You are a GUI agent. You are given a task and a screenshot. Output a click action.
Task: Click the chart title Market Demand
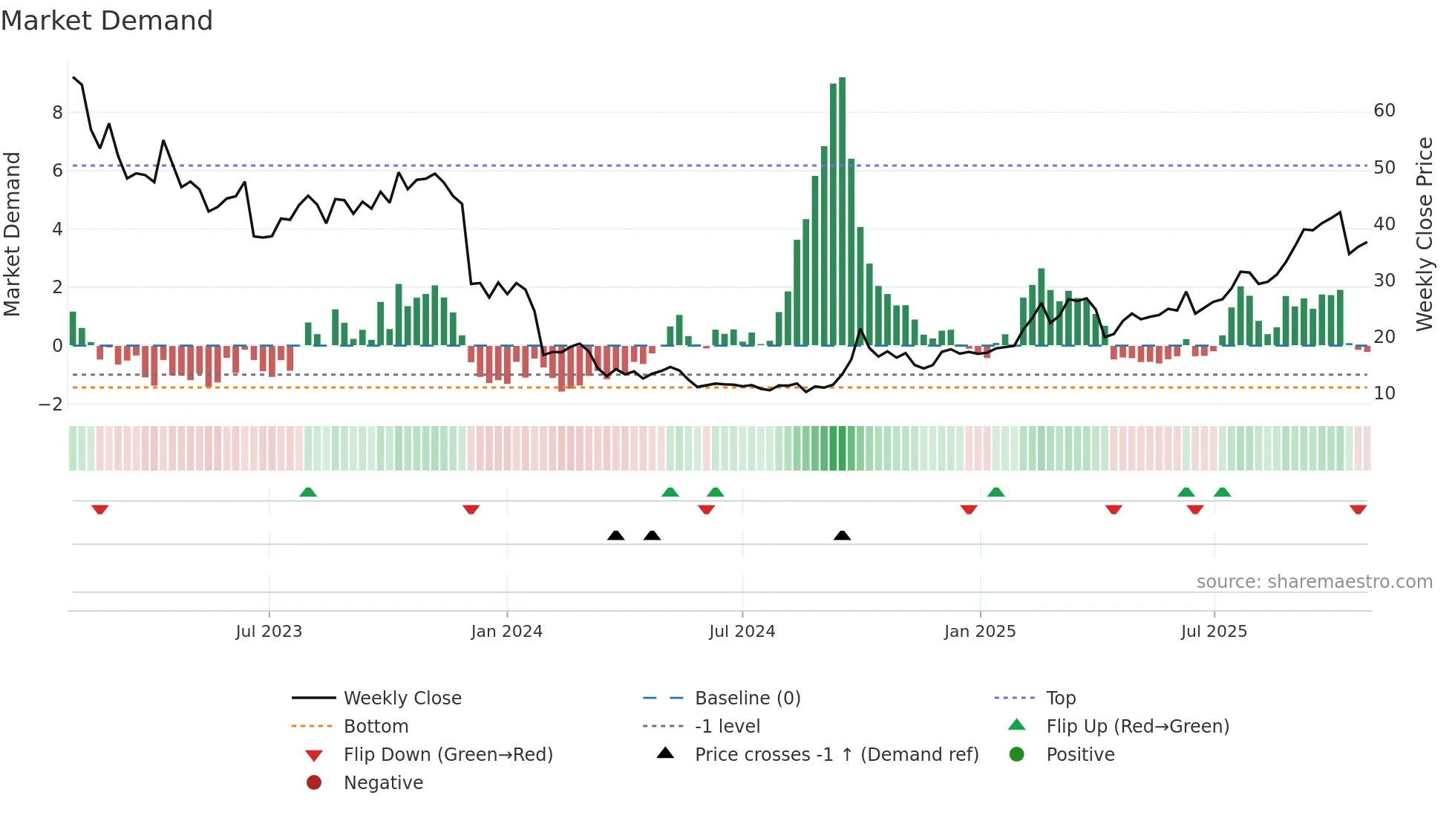click(x=107, y=21)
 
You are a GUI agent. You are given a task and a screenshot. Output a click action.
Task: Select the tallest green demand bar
click(x=842, y=212)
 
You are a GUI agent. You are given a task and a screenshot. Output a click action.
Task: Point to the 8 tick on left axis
click(x=57, y=113)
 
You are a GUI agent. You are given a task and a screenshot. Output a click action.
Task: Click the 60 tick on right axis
click(x=1384, y=111)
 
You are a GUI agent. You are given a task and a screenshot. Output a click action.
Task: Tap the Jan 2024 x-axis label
click(x=506, y=632)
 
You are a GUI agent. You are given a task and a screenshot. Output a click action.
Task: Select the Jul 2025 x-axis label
click(x=1214, y=632)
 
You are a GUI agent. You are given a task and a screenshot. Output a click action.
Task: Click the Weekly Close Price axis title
click(x=1424, y=234)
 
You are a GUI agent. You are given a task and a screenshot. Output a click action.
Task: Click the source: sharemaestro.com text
click(x=1314, y=582)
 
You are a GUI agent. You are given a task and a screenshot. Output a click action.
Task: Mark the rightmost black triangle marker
click(x=842, y=535)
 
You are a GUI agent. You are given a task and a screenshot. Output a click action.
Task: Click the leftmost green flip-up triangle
click(x=308, y=492)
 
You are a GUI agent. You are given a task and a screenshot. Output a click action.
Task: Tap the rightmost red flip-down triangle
click(x=1358, y=509)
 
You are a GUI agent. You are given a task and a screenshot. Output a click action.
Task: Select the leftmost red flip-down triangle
click(x=100, y=509)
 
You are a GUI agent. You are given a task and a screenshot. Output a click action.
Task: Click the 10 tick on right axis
click(x=1384, y=393)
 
